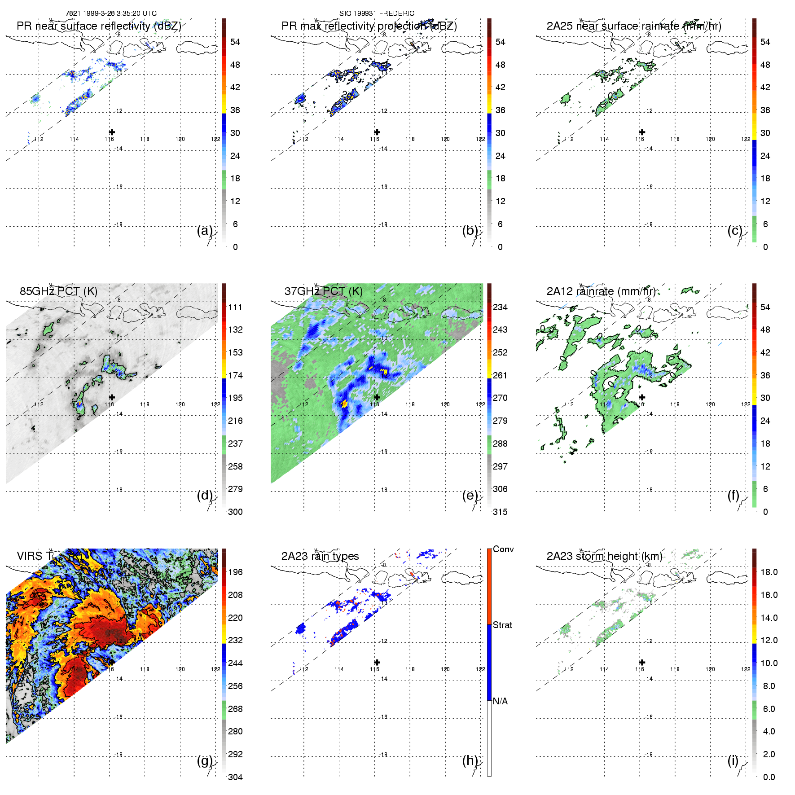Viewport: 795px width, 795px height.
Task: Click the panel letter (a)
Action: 205,230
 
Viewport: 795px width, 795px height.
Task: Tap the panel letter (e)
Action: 470,495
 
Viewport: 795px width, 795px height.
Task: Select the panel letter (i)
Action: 733,760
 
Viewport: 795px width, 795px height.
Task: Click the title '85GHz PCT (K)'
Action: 58,291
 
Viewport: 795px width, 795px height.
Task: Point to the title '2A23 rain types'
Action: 320,556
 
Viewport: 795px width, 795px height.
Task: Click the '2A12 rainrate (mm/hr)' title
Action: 601,291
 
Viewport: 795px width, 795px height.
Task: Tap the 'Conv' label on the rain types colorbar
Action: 503,549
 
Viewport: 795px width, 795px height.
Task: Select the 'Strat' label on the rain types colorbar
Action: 502,625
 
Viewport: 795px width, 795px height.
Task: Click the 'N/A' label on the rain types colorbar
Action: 501,701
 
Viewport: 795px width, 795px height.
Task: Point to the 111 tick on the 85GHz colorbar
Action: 235,307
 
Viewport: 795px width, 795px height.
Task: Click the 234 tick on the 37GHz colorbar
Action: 500,307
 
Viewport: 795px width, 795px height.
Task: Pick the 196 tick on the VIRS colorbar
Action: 235,572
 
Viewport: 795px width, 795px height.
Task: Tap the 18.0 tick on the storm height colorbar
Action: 769,572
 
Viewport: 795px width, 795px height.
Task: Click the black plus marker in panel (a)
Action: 112,132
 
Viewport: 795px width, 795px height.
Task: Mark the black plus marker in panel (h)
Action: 377,662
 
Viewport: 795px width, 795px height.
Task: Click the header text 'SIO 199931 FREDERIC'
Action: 377,13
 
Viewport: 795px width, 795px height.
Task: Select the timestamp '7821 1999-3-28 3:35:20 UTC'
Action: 111,13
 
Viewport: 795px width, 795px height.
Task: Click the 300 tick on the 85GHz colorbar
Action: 235,512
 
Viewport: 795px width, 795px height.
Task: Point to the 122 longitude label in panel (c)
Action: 746,139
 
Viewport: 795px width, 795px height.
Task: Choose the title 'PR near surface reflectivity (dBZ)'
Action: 99,26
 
